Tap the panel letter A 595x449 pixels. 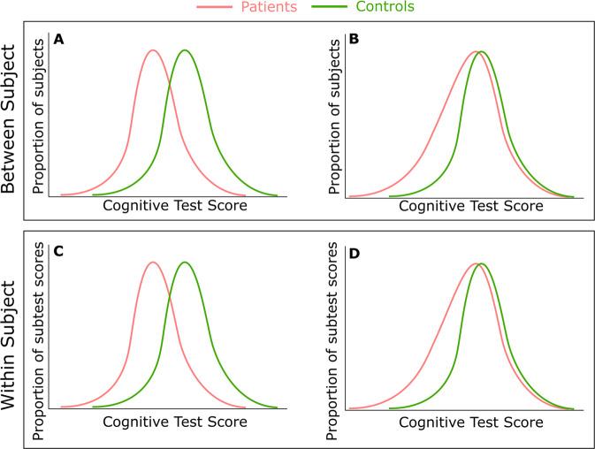coord(58,39)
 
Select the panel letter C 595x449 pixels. coord(58,251)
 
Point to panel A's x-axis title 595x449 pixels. coord(174,205)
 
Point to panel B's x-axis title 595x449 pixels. coord(470,205)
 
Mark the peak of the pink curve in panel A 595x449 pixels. coord(153,49)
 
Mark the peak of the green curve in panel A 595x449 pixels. coord(185,49)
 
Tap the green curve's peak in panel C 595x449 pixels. coord(185,262)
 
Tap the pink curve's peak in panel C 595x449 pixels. coord(153,262)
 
